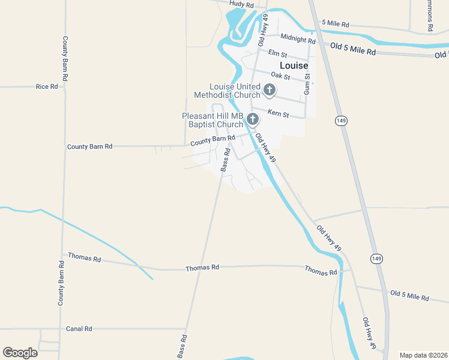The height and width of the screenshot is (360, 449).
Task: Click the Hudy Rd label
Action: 242,4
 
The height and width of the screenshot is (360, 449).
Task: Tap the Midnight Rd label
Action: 298,40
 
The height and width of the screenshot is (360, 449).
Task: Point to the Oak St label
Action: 280,76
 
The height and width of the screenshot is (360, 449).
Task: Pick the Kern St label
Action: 278,113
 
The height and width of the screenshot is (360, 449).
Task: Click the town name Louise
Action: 294,65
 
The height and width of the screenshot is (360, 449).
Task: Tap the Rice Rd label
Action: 47,86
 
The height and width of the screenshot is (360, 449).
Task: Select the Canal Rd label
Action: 79,329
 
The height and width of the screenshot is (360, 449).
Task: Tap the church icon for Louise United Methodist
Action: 270,91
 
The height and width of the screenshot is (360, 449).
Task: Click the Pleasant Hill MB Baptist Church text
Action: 213,120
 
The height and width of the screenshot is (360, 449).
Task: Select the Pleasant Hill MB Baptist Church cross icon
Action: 253,119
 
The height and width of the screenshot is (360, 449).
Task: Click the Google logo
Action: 20,352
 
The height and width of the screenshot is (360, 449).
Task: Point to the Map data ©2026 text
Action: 423,355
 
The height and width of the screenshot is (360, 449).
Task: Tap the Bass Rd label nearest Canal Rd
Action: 181,346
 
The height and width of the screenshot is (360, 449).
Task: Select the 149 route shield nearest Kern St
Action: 340,121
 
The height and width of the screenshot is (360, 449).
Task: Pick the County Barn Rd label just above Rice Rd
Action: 65,58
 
